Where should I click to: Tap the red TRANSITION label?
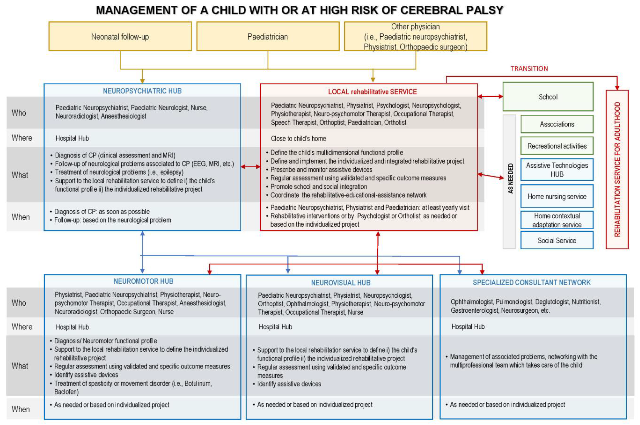pyautogui.click(x=529, y=69)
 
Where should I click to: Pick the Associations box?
pyautogui.click(x=557, y=124)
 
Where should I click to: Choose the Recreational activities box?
pyautogui.click(x=557, y=146)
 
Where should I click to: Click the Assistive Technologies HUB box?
pyautogui.click(x=557, y=170)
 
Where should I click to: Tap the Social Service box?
pyautogui.click(x=557, y=240)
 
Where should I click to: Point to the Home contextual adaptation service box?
pyautogui.click(x=557, y=220)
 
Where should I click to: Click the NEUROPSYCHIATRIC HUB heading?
pyautogui.click(x=142, y=91)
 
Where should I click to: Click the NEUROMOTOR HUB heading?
pyautogui.click(x=143, y=281)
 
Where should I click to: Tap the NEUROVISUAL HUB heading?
pyautogui.click(x=341, y=283)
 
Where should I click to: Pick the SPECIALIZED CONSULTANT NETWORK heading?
pyautogui.click(x=531, y=283)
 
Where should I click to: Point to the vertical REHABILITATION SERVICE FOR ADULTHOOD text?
pyautogui.click(x=617, y=169)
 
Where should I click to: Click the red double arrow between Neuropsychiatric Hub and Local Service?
pyautogui.click(x=250, y=166)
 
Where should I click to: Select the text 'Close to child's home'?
pyautogui.click(x=298, y=138)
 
